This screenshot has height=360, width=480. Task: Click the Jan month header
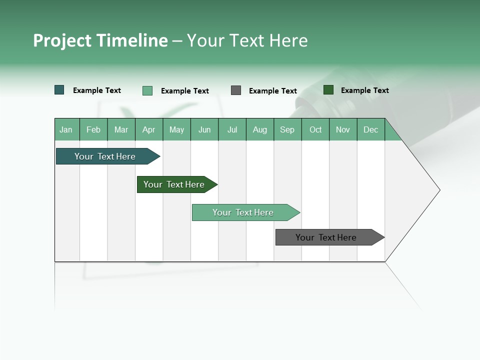(66, 129)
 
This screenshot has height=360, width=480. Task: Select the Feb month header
(93, 129)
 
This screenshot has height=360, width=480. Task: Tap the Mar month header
(121, 129)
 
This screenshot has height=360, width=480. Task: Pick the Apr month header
(149, 129)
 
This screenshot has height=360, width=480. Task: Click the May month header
(176, 129)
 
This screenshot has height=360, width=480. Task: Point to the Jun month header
(204, 129)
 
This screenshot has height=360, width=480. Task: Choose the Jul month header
(232, 129)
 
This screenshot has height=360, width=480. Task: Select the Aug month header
(260, 129)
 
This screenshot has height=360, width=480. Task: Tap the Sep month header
(287, 129)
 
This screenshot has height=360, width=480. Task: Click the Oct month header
(315, 129)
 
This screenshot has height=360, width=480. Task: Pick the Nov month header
(343, 129)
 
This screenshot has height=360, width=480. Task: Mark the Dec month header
(371, 129)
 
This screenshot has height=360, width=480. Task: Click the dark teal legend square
(59, 90)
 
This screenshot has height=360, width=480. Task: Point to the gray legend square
(236, 90)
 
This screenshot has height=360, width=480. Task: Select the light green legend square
(147, 90)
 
